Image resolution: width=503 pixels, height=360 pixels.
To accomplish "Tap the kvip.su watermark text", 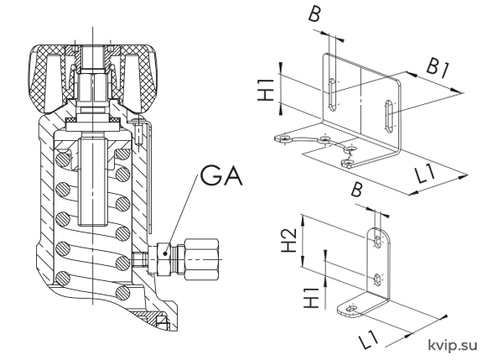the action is click(453, 345).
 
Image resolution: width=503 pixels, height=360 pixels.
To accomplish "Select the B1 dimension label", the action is click(437, 69).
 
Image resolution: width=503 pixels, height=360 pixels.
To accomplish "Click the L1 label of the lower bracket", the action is click(368, 340).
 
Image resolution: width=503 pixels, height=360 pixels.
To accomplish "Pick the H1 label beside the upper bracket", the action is click(266, 91).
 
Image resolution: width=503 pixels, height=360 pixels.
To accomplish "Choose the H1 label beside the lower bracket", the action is click(311, 298).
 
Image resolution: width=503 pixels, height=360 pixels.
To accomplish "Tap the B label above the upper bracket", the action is click(314, 15).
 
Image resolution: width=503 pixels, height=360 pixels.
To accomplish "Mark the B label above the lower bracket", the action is click(357, 190).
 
